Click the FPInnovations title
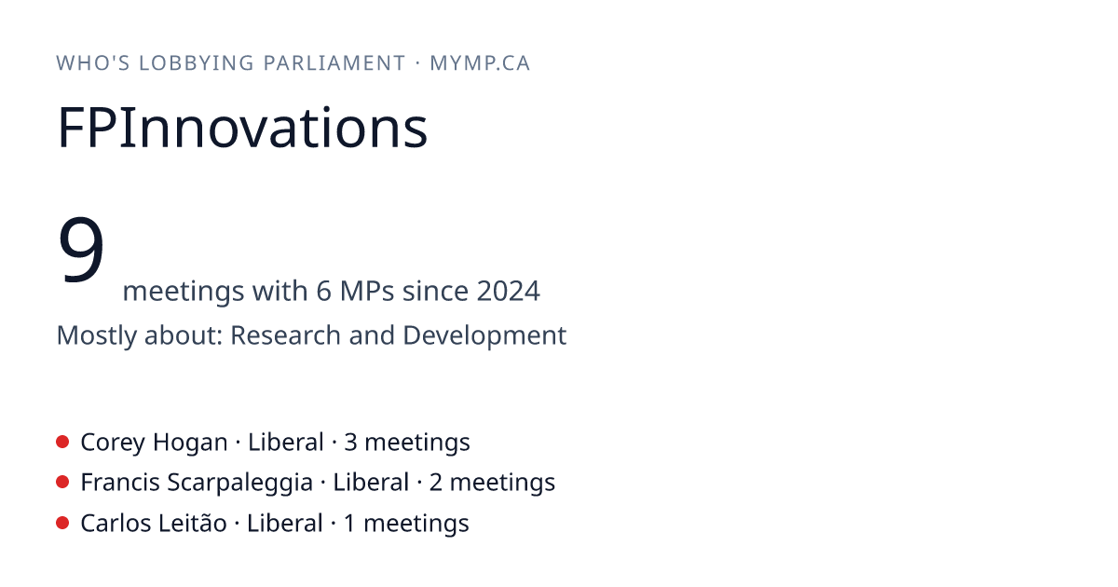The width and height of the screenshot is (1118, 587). pyautogui.click(x=242, y=128)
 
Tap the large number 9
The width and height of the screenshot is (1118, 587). pyautogui.click(x=81, y=249)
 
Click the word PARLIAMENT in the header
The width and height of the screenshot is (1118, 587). pyautogui.click(x=334, y=63)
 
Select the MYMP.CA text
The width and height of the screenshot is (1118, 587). pyautogui.click(x=480, y=63)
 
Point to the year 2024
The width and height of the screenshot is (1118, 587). pyautogui.click(x=508, y=291)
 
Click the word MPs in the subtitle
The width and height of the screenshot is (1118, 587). pyautogui.click(x=367, y=291)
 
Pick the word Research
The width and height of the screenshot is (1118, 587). pyautogui.click(x=285, y=334)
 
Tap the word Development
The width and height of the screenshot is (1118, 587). pyautogui.click(x=484, y=336)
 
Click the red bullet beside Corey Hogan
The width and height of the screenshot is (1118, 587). pyautogui.click(x=62, y=442)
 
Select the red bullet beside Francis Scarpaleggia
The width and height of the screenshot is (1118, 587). pyautogui.click(x=62, y=483)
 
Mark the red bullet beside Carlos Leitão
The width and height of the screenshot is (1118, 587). pyautogui.click(x=62, y=523)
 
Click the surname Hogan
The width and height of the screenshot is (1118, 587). pyautogui.click(x=190, y=443)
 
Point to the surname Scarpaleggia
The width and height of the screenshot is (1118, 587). pyautogui.click(x=239, y=484)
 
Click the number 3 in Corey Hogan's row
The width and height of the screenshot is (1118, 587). pyautogui.click(x=350, y=443)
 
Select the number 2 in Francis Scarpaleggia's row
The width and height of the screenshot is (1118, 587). pyautogui.click(x=436, y=483)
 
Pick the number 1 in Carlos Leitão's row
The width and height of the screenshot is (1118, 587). pyautogui.click(x=349, y=524)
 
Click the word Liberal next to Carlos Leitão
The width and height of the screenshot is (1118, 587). pyautogui.click(x=284, y=523)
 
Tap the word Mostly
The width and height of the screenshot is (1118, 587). pyautogui.click(x=97, y=336)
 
